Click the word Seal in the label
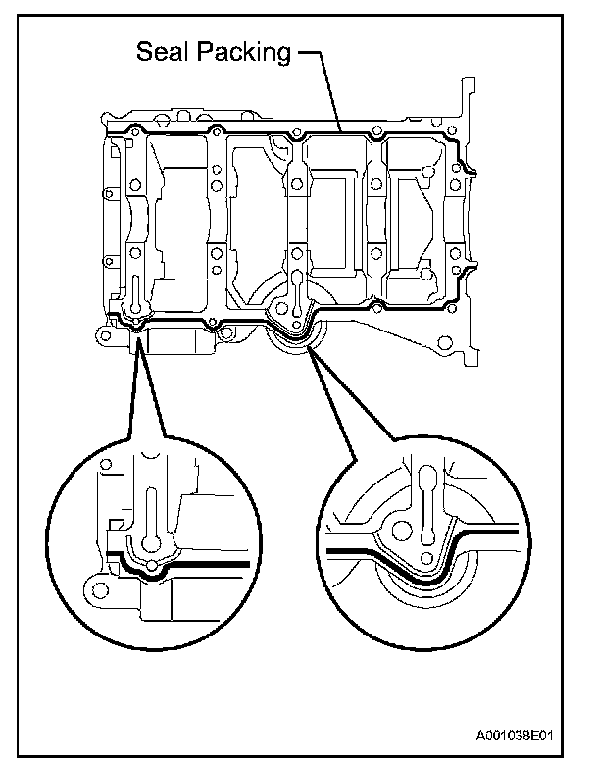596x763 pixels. (x=163, y=51)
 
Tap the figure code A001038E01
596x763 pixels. (x=515, y=735)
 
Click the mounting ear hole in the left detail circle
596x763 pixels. (x=101, y=590)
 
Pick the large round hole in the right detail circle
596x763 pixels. (x=401, y=532)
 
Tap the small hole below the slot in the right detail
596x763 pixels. (x=426, y=558)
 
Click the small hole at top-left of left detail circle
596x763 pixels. (x=104, y=463)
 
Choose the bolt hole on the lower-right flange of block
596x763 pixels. (x=445, y=343)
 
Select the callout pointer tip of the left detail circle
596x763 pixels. (x=138, y=334)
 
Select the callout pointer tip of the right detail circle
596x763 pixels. (x=308, y=346)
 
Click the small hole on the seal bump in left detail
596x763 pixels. (x=152, y=566)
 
